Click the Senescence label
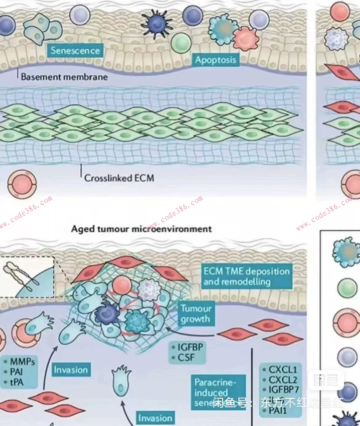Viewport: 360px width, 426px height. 75,50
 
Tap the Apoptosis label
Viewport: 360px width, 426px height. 215,60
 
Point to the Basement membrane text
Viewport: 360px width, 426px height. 64,77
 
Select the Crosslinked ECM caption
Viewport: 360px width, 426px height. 119,178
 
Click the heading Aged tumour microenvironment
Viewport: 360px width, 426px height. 141,229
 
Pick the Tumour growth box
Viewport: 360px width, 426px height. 196,314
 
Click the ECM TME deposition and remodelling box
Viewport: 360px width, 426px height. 246,276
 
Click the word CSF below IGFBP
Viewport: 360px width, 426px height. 186,358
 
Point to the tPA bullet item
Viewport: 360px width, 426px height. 17,382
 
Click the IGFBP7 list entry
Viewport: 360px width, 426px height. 284,389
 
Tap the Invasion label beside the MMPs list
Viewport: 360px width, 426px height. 71,370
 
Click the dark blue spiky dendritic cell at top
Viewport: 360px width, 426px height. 156,23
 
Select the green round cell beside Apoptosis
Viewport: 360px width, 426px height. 181,43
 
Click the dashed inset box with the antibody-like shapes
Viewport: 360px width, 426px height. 27,277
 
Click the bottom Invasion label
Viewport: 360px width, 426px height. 155,418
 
